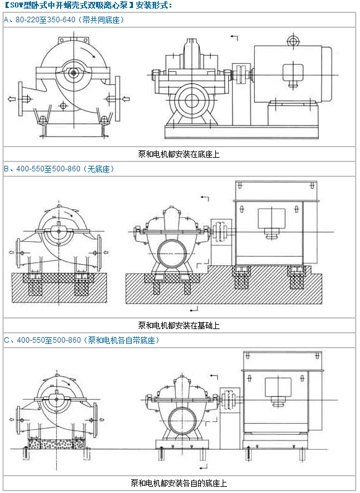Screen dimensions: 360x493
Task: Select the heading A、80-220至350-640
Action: tap(40, 20)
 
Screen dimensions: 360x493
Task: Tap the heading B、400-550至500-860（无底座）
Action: tap(59, 169)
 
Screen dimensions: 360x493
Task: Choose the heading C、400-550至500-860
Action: tap(43, 340)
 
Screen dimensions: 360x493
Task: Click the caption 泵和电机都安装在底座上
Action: tap(179, 154)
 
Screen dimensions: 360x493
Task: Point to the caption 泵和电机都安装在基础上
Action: tap(179, 325)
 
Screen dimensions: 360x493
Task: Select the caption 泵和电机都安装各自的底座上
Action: tap(179, 483)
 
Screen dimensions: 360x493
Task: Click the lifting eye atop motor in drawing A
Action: tap(293, 41)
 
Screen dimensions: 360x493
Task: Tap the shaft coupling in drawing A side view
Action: tap(242, 74)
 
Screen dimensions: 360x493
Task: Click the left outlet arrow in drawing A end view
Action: tap(12, 99)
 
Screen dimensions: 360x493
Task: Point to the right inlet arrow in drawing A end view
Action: tap(126, 99)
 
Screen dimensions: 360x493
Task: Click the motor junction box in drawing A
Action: tap(293, 75)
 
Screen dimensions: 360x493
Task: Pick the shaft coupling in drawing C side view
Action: tap(229, 400)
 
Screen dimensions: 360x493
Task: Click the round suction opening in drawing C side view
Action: tap(182, 421)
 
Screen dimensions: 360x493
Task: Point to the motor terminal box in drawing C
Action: tap(278, 392)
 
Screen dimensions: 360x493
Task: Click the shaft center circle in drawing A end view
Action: tap(74, 73)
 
